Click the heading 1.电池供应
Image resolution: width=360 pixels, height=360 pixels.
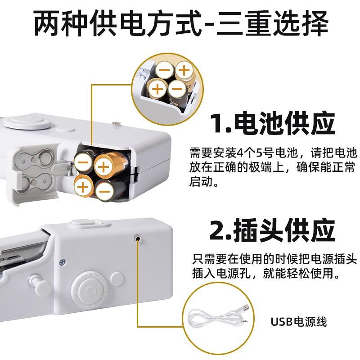(x=273, y=124)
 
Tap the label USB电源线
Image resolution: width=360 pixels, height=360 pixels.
(x=298, y=321)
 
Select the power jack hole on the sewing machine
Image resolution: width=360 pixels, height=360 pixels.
(x=136, y=237)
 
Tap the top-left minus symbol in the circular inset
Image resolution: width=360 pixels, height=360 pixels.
(x=165, y=71)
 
